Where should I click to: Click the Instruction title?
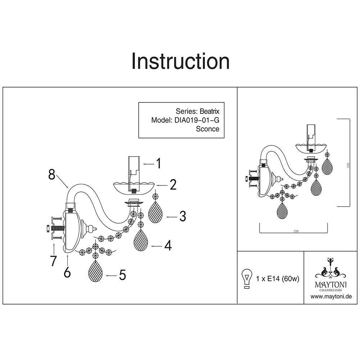(x=180, y=61)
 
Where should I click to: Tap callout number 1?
(x=158, y=164)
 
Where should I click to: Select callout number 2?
(x=173, y=185)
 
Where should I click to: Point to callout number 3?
(x=183, y=217)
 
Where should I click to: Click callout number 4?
(x=167, y=246)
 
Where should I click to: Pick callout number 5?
(x=122, y=276)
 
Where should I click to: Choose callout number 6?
(x=67, y=273)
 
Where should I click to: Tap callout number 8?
(x=52, y=175)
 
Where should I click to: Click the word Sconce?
(x=207, y=129)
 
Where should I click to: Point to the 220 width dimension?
(x=296, y=231)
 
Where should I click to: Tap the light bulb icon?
(x=247, y=279)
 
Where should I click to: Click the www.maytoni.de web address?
(x=331, y=297)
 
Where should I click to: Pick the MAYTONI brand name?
(x=331, y=285)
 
